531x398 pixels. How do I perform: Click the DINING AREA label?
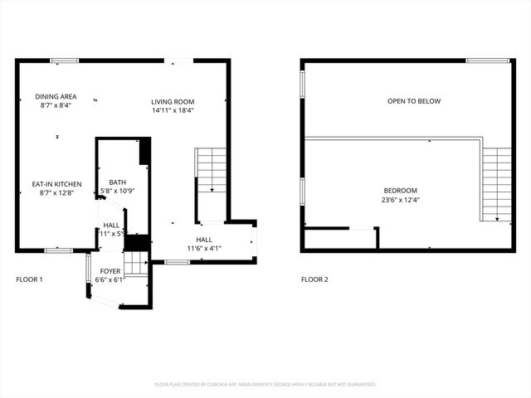pos(56,97)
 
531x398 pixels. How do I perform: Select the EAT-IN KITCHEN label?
pos(56,184)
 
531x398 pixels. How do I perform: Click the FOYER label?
pos(110,271)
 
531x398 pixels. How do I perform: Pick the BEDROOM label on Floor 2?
pos(400,191)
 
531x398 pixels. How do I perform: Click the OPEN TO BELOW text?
pos(414,102)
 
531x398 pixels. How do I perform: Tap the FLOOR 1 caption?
pos(30,279)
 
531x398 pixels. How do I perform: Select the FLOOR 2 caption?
pos(314,279)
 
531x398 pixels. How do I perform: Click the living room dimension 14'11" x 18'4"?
pos(173,110)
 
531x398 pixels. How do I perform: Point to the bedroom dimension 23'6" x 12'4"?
pos(400,200)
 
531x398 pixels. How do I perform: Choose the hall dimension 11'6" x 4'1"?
pos(204,248)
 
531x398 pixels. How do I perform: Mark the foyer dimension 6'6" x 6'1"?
pos(110,280)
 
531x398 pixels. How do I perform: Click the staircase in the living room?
pos(212,170)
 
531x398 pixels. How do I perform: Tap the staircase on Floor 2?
pos(497,184)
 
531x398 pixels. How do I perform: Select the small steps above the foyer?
pos(135,265)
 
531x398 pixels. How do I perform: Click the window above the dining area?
pos(65,60)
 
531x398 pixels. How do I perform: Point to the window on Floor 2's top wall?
pos(487,60)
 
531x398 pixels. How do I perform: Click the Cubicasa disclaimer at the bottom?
pos(265,385)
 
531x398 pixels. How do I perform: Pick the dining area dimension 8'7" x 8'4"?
pos(56,105)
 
